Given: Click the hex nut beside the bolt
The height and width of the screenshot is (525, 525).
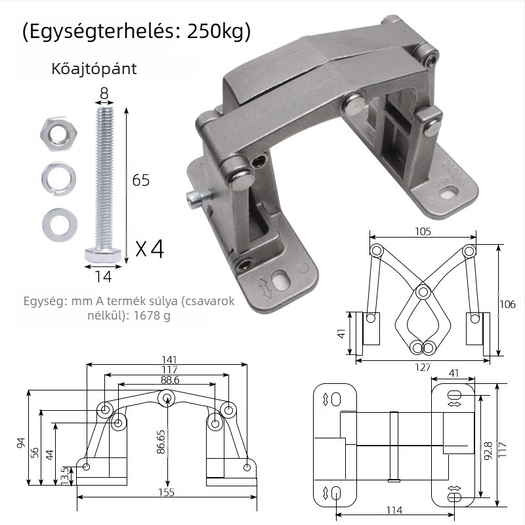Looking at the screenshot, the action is coord(58,135).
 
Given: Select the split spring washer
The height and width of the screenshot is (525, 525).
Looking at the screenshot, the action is coord(58,178).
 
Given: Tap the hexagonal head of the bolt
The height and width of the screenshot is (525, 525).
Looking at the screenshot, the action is coord(103,255).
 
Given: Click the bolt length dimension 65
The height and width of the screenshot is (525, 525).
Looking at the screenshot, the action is coord(140,180).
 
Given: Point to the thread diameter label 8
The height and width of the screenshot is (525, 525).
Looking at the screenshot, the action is coord(104,93).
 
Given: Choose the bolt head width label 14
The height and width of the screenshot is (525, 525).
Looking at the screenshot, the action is coord(103,276).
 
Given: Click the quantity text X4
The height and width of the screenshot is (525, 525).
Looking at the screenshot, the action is coord(150,249).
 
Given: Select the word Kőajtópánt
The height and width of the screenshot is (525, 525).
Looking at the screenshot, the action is coord(94,69).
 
